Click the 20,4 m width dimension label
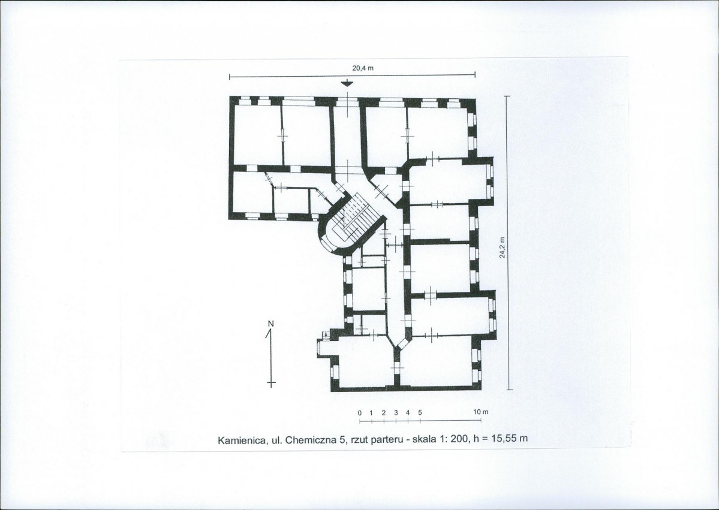(x=363, y=68)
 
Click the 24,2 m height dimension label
(x=503, y=248)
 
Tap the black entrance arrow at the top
(x=348, y=83)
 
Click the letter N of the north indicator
(x=270, y=324)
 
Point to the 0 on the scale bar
(x=360, y=412)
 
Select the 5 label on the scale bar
(x=420, y=412)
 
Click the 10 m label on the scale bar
(x=481, y=412)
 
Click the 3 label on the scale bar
(x=396, y=412)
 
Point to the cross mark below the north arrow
(x=272, y=382)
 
